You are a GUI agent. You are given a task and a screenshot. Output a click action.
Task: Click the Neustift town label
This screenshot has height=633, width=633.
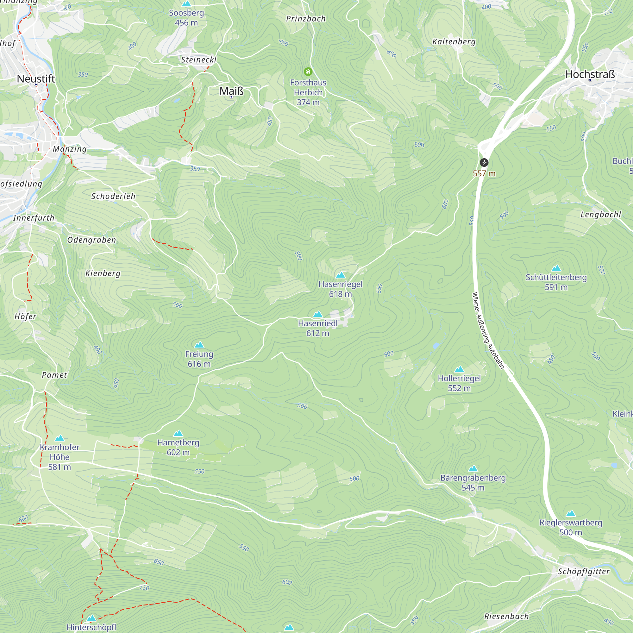36,78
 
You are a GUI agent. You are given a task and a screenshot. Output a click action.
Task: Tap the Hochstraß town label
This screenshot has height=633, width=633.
590,74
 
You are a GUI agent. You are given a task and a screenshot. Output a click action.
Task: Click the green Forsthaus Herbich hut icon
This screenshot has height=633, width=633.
308,72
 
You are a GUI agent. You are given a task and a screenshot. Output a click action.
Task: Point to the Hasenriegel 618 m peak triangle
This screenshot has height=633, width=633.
341,275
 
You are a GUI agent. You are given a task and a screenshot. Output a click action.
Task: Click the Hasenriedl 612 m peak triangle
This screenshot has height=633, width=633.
318,314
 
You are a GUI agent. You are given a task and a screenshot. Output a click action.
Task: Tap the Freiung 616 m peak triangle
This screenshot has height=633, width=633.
199,345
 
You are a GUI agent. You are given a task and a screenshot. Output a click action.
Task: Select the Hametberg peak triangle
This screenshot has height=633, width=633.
178,434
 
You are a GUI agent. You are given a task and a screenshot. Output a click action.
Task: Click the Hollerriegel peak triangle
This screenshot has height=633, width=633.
459,369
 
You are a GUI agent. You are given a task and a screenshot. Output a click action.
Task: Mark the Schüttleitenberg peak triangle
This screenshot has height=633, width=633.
556,268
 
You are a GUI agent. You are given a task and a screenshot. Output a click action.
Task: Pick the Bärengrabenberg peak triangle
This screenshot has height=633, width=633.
473,469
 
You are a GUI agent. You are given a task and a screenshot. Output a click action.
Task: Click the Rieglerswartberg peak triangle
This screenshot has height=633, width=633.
571,513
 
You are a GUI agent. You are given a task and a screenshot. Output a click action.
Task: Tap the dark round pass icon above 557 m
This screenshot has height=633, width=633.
484,162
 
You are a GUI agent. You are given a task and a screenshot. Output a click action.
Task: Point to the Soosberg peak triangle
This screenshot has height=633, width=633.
186,3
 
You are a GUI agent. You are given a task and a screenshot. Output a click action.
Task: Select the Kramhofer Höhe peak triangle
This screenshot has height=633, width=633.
60,438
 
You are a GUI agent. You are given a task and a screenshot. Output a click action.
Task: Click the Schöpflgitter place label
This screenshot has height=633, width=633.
584,571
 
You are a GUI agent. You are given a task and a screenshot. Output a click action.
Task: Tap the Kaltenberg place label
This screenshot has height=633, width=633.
454,41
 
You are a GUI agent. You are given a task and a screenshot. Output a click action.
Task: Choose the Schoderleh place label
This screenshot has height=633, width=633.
113,196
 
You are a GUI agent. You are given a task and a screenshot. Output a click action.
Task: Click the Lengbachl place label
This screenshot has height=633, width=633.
601,215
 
